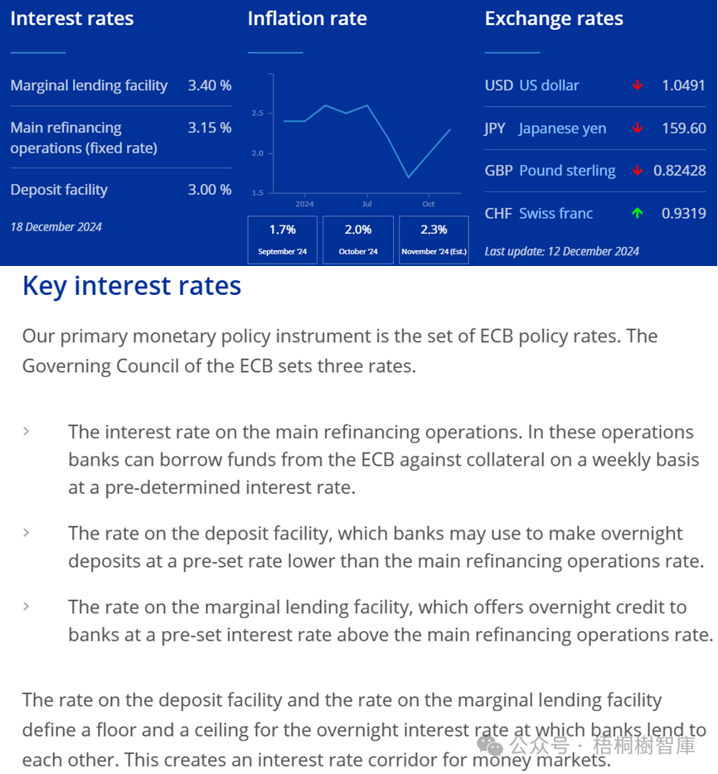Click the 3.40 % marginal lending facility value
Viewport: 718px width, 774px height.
(209, 85)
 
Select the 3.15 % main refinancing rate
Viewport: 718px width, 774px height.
(209, 128)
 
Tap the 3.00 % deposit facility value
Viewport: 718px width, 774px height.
(209, 190)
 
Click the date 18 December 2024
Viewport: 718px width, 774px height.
(56, 227)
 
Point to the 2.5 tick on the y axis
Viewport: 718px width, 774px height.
(257, 113)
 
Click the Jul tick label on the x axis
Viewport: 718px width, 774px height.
(366, 204)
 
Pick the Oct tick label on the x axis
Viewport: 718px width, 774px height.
(428, 204)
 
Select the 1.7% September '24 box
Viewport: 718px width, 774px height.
(282, 239)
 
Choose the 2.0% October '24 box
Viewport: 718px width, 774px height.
(357, 239)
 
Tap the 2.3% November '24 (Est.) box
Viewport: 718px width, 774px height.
(434, 239)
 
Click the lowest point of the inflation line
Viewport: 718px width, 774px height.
(408, 177)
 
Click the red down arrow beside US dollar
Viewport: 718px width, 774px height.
(637, 85)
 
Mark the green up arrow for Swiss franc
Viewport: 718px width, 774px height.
(637, 213)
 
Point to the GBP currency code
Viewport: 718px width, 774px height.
(499, 171)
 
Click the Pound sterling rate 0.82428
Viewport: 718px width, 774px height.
(679, 171)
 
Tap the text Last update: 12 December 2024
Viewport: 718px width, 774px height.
(561, 251)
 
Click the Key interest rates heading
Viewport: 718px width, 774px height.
(132, 286)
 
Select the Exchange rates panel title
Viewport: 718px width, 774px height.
(554, 18)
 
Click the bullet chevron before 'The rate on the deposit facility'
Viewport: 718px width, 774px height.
(27, 532)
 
